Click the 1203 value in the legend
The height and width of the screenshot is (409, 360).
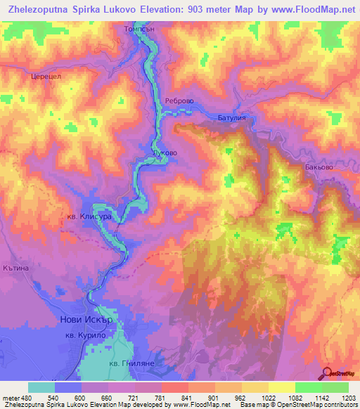point(348,398)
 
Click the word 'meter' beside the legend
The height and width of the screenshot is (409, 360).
point(11,398)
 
